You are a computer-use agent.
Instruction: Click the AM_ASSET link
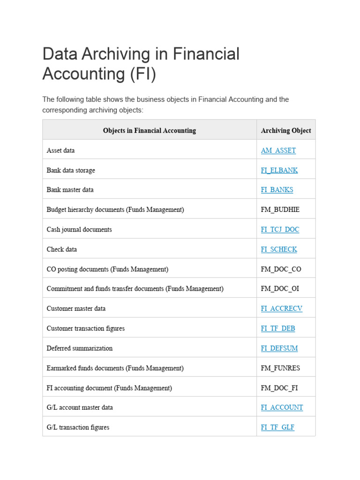(278, 150)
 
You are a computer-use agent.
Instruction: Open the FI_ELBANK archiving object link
(279, 170)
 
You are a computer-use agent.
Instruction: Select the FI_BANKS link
(277, 190)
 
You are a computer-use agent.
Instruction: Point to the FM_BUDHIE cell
(280, 210)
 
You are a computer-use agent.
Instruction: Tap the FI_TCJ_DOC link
(280, 230)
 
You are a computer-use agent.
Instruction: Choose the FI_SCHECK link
(279, 249)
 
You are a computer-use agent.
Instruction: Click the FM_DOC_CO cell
(281, 269)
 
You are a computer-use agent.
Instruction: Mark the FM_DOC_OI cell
(280, 289)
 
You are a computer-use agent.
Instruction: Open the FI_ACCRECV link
(282, 308)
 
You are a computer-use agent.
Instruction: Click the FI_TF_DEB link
(278, 329)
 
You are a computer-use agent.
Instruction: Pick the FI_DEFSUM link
(279, 348)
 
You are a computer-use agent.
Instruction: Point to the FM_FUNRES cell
(280, 368)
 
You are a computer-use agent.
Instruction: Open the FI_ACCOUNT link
(282, 407)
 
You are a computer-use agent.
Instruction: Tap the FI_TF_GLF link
(277, 427)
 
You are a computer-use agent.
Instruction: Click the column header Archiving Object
(286, 130)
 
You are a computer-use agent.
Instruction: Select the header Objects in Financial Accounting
(150, 130)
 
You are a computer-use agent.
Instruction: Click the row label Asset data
(60, 150)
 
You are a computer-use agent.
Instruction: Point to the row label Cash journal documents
(79, 230)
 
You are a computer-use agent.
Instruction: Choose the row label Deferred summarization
(80, 348)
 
